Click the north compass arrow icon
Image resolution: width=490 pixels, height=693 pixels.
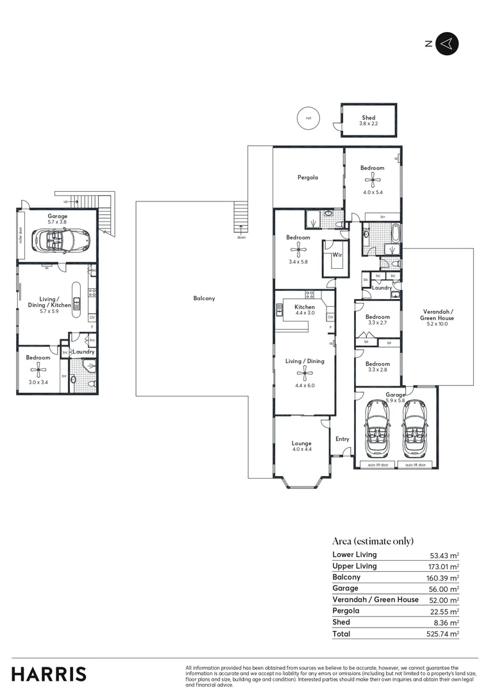coord(447,44)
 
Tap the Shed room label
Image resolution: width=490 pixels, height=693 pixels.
coord(368,118)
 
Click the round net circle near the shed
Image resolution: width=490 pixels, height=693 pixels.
coord(308,118)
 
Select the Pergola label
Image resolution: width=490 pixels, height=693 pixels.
coord(307,178)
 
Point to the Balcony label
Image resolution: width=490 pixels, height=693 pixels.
coord(204,298)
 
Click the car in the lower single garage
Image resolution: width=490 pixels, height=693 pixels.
coord(63,239)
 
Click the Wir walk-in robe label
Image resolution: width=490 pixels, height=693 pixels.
coord(337,255)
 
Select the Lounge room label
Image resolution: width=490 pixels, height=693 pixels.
coord(301,443)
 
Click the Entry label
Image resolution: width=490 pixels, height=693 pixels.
coord(342,439)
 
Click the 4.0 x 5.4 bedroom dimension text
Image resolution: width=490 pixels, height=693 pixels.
coord(373,192)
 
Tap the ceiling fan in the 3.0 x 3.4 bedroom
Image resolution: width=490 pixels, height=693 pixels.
coord(40,368)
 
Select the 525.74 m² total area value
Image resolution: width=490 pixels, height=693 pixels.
coord(444,634)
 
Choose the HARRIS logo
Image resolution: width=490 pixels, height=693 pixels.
coord(49,674)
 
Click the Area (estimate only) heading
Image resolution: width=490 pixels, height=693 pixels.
coord(373,541)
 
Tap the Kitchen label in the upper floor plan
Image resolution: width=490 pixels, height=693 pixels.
coord(305,307)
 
